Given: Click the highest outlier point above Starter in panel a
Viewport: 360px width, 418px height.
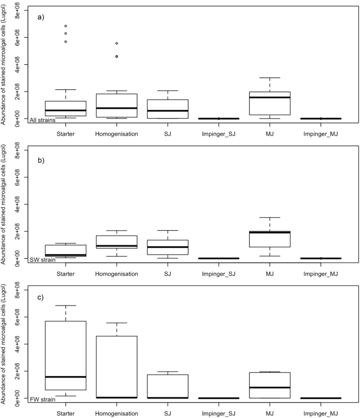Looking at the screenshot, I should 66,26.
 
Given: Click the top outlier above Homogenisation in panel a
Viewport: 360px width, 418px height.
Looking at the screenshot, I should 117,43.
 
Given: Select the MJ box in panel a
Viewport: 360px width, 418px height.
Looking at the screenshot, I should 270,103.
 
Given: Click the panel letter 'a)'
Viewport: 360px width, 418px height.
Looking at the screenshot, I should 40,17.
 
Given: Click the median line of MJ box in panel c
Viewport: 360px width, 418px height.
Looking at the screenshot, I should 270,388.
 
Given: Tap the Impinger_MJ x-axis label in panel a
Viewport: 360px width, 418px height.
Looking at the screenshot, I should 321,134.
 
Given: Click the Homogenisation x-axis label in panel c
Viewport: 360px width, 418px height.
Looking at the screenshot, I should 117,414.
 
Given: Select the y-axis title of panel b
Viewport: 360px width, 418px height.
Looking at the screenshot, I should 5,202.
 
